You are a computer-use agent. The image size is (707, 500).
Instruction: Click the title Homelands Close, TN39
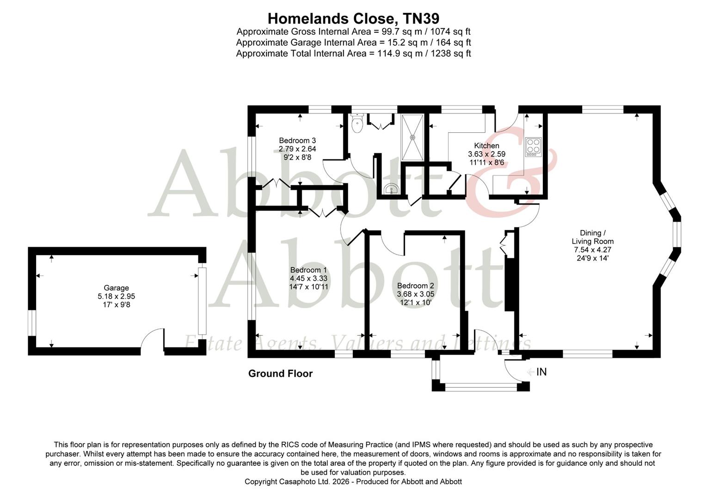tap(353, 19)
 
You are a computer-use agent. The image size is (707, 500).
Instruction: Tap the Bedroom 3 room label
tap(297, 141)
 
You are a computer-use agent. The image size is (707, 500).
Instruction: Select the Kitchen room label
tap(486, 146)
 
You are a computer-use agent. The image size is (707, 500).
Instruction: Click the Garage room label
tap(116, 288)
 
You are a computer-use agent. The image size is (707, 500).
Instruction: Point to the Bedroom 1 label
tap(308, 270)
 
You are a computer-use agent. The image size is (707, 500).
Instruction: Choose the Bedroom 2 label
tap(415, 286)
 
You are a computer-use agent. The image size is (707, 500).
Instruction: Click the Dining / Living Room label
tap(592, 237)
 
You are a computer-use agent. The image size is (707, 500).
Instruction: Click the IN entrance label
tap(541, 372)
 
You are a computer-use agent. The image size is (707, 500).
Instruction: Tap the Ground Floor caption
tap(280, 374)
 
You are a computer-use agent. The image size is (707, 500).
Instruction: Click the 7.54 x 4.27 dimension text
tap(592, 250)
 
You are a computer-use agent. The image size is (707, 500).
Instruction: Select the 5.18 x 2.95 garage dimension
tap(116, 296)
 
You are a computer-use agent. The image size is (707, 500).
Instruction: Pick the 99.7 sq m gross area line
tap(353, 31)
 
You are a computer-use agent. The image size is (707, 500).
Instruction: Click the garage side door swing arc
tap(151, 338)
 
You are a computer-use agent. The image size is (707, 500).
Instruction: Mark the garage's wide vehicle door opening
tap(201, 300)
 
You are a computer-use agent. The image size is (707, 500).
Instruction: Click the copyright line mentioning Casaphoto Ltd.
tap(353, 481)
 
